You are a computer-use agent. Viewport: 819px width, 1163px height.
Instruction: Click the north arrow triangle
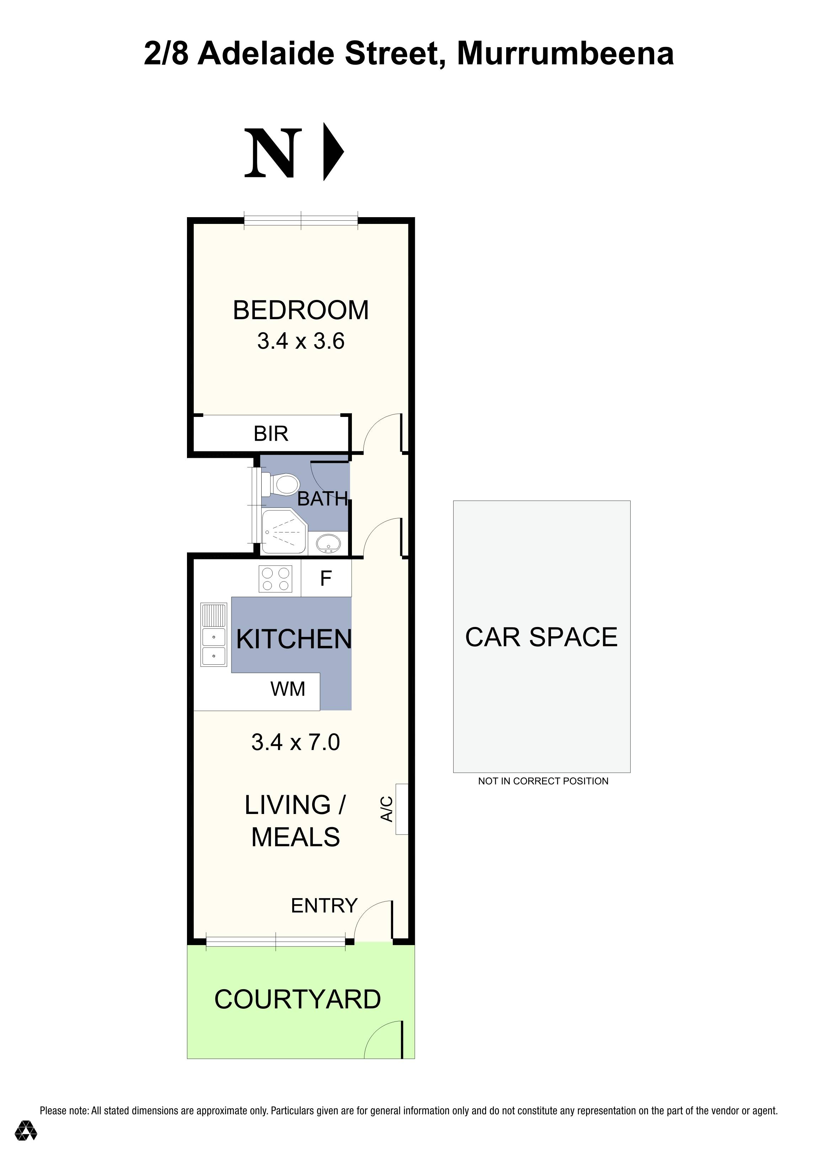point(332,151)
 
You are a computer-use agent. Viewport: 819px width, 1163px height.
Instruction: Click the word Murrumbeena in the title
point(565,54)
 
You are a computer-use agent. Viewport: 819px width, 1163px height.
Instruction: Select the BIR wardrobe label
point(271,434)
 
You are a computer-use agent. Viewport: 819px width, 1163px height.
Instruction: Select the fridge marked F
point(326,578)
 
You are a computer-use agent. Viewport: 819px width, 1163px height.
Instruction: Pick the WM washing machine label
point(288,690)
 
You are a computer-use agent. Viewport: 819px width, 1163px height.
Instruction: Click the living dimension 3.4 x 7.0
point(295,742)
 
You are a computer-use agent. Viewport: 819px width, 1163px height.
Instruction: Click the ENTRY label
point(324,906)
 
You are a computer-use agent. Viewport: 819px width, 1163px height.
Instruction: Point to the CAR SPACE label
point(541,637)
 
